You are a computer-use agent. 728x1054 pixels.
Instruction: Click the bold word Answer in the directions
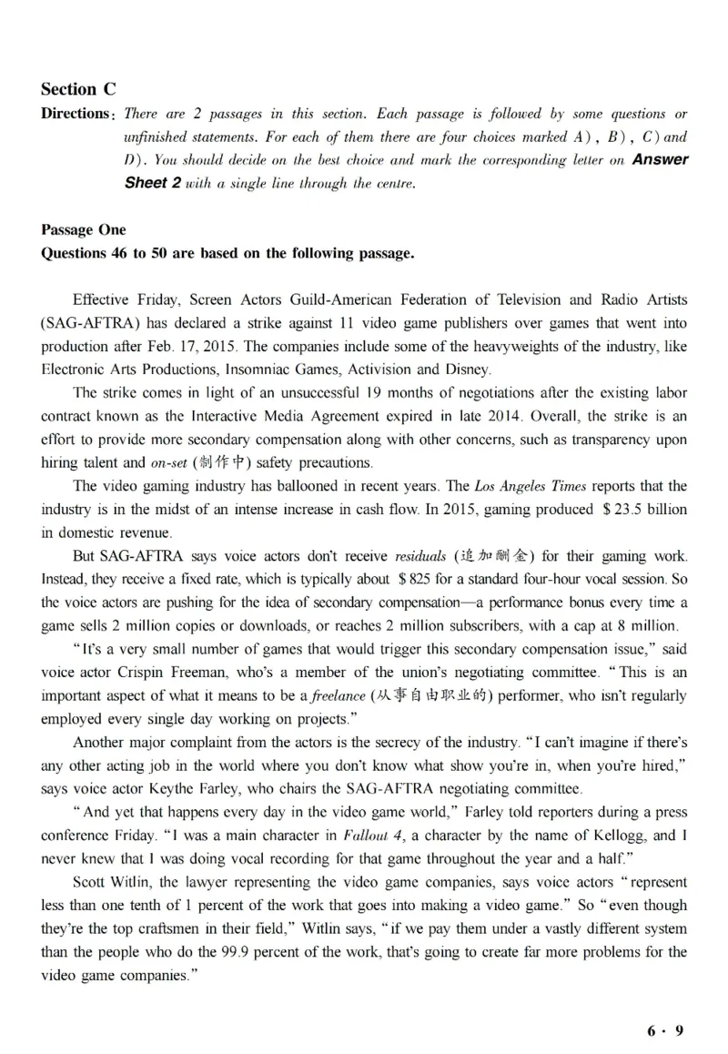660,160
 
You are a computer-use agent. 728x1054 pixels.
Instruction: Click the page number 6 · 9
664,1031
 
